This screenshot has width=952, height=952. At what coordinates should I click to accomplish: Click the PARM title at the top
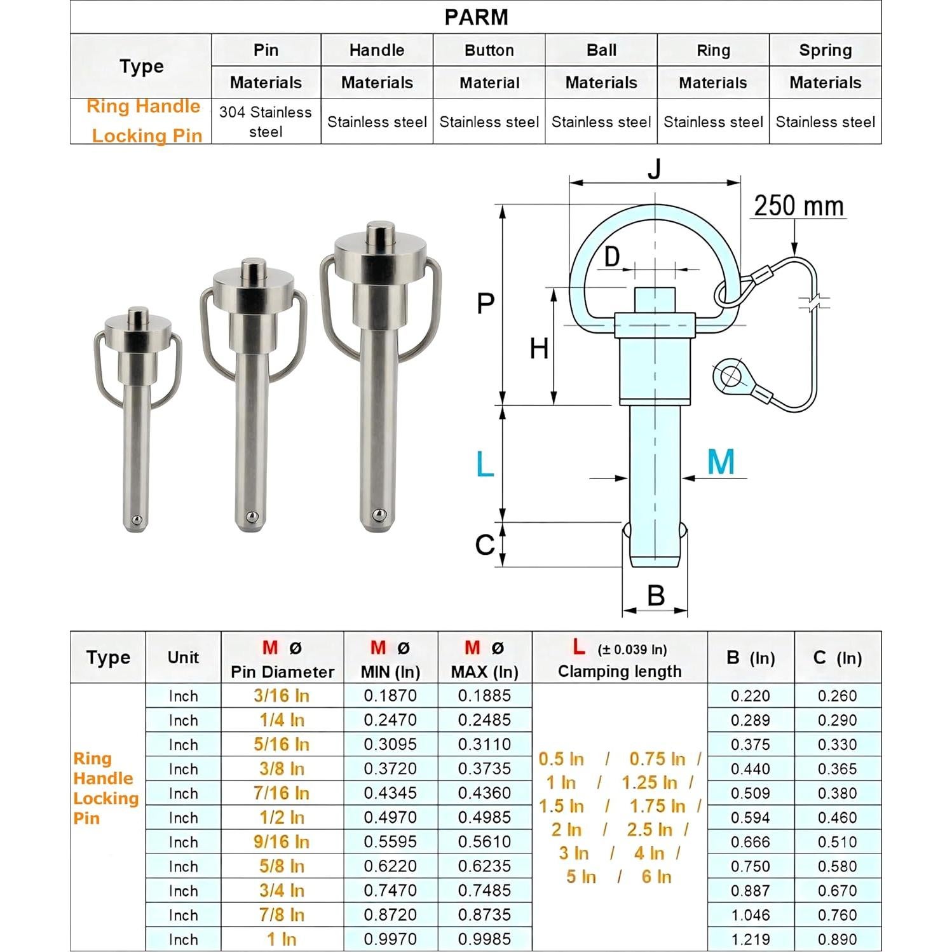tap(476, 17)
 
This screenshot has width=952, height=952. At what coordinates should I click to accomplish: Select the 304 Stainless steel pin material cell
tap(266, 121)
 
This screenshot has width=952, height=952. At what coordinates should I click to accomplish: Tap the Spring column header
tap(825, 50)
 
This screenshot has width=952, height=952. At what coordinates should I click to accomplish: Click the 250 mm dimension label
tap(799, 206)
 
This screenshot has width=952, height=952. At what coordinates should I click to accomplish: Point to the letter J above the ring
tap(654, 169)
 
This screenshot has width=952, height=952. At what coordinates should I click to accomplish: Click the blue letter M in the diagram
tap(721, 462)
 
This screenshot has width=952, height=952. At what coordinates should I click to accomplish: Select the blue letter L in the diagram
tap(485, 465)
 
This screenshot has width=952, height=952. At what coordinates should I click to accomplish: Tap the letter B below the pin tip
tap(655, 595)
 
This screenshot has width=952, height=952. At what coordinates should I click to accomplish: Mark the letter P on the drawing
tap(486, 304)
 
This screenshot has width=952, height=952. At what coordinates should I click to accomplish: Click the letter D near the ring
tap(611, 257)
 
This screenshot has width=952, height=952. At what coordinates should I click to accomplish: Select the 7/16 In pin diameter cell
tap(282, 793)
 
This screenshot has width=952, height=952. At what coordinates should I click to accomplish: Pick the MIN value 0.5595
tap(390, 842)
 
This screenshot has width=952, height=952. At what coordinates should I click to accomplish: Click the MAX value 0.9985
tap(484, 939)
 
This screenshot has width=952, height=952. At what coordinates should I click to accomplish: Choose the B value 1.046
tap(750, 915)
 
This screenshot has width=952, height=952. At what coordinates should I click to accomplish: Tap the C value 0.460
tap(837, 818)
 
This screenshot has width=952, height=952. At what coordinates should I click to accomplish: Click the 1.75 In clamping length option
tap(657, 806)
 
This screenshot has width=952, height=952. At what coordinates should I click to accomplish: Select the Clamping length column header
tap(619, 672)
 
